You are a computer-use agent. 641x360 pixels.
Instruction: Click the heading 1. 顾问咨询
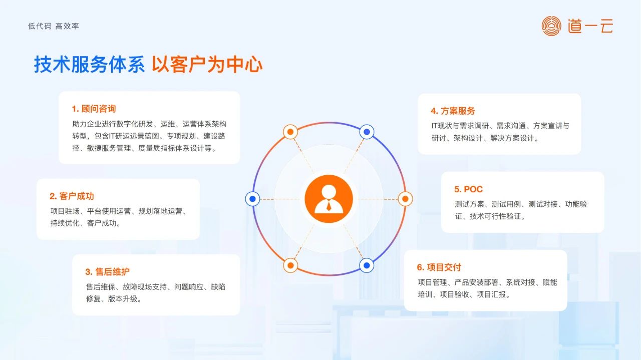tap(94, 109)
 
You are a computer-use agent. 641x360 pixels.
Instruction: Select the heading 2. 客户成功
tap(72, 196)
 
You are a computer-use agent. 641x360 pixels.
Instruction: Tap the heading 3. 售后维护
tap(107, 271)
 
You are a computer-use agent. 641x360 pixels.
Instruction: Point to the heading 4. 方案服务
tap(453, 111)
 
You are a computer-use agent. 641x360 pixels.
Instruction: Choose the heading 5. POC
tap(468, 189)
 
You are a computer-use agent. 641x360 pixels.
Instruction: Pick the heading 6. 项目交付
tap(439, 267)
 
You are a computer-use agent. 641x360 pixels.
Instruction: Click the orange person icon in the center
tap(329, 199)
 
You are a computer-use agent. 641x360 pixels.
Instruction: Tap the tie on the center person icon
tap(329, 205)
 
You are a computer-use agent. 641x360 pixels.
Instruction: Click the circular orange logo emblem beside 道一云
tap(551, 26)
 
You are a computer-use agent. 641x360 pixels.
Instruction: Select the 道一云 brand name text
tap(590, 26)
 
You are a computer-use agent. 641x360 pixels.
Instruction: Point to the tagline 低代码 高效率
tap(54, 26)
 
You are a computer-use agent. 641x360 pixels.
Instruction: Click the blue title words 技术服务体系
tap(89, 65)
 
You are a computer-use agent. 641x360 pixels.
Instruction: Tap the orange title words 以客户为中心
tap(207, 65)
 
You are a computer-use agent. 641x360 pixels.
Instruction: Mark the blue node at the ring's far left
tap(252, 199)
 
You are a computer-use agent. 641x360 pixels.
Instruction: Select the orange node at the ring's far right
tap(405, 199)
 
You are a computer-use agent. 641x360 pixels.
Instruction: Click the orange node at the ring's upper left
tap(290, 132)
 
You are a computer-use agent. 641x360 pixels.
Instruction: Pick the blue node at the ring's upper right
tap(367, 132)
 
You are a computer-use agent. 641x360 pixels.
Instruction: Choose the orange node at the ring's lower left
tap(290, 265)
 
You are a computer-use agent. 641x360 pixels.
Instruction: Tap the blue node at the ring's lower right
tap(367, 265)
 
